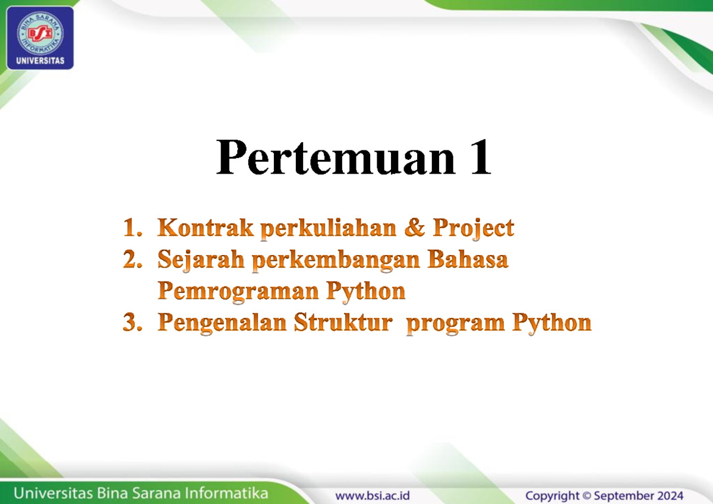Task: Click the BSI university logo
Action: [40, 37]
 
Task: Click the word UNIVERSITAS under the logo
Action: [40, 61]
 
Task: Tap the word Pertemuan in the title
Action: [336, 157]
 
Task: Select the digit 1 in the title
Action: [481, 157]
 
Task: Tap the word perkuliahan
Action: [329, 229]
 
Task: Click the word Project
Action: [474, 229]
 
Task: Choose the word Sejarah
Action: [201, 260]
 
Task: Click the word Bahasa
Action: [468, 259]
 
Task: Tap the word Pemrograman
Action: [238, 292]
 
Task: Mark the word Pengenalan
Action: [222, 324]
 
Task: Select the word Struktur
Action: [343, 322]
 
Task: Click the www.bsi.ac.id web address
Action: [372, 496]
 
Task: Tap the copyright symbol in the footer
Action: [586, 496]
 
